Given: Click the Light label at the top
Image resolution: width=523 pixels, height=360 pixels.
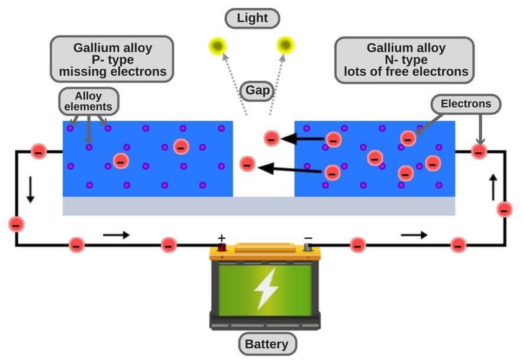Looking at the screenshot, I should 253,18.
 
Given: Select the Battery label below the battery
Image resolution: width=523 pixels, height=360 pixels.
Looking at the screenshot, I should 267,343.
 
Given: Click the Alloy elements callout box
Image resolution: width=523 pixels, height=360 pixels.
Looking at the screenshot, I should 89,102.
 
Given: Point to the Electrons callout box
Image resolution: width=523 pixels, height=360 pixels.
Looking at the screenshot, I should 466,104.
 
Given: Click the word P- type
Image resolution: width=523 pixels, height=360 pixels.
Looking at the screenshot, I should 112,60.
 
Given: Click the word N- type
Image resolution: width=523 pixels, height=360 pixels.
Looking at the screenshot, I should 405,60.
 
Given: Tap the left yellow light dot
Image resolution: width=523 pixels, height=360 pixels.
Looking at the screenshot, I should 217,45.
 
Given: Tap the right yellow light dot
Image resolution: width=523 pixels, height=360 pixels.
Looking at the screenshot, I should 286,44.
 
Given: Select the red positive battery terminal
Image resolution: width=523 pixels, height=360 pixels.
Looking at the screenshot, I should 222,249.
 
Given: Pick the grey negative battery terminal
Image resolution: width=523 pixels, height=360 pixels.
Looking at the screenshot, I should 308,249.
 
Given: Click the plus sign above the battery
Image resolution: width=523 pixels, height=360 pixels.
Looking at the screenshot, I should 222,238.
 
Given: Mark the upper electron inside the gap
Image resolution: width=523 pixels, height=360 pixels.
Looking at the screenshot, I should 271,139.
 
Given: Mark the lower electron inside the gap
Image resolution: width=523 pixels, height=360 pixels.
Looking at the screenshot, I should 248,163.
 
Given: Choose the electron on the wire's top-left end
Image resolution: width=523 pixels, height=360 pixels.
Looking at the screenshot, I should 38,152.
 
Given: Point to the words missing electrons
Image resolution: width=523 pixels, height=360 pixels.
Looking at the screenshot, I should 112,73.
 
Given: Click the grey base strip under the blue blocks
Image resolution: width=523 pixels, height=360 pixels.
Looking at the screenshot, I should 259,206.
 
